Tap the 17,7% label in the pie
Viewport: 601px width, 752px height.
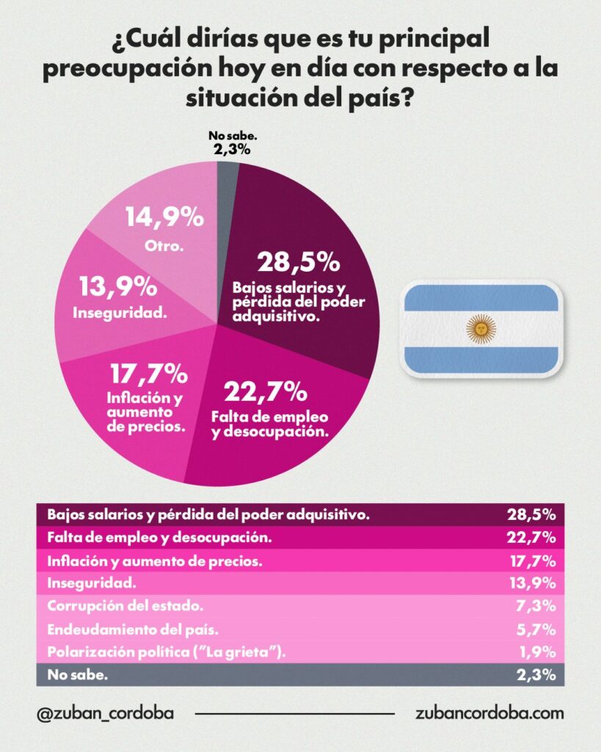point(149,375)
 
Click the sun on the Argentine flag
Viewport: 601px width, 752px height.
point(481,328)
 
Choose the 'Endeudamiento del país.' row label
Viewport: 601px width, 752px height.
point(128,629)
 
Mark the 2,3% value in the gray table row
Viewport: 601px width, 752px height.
point(539,675)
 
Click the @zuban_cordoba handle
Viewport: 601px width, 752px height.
point(104,713)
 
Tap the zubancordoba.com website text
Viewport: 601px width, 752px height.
point(489,713)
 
